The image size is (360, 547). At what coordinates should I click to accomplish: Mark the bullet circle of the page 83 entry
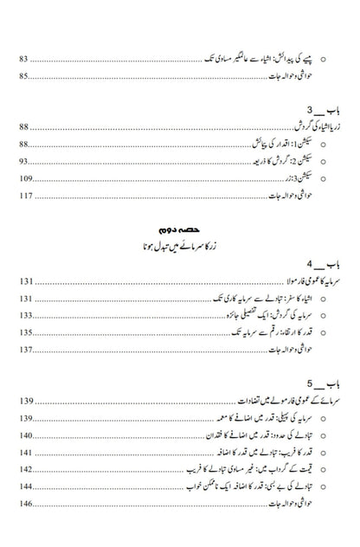(x=323, y=60)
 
